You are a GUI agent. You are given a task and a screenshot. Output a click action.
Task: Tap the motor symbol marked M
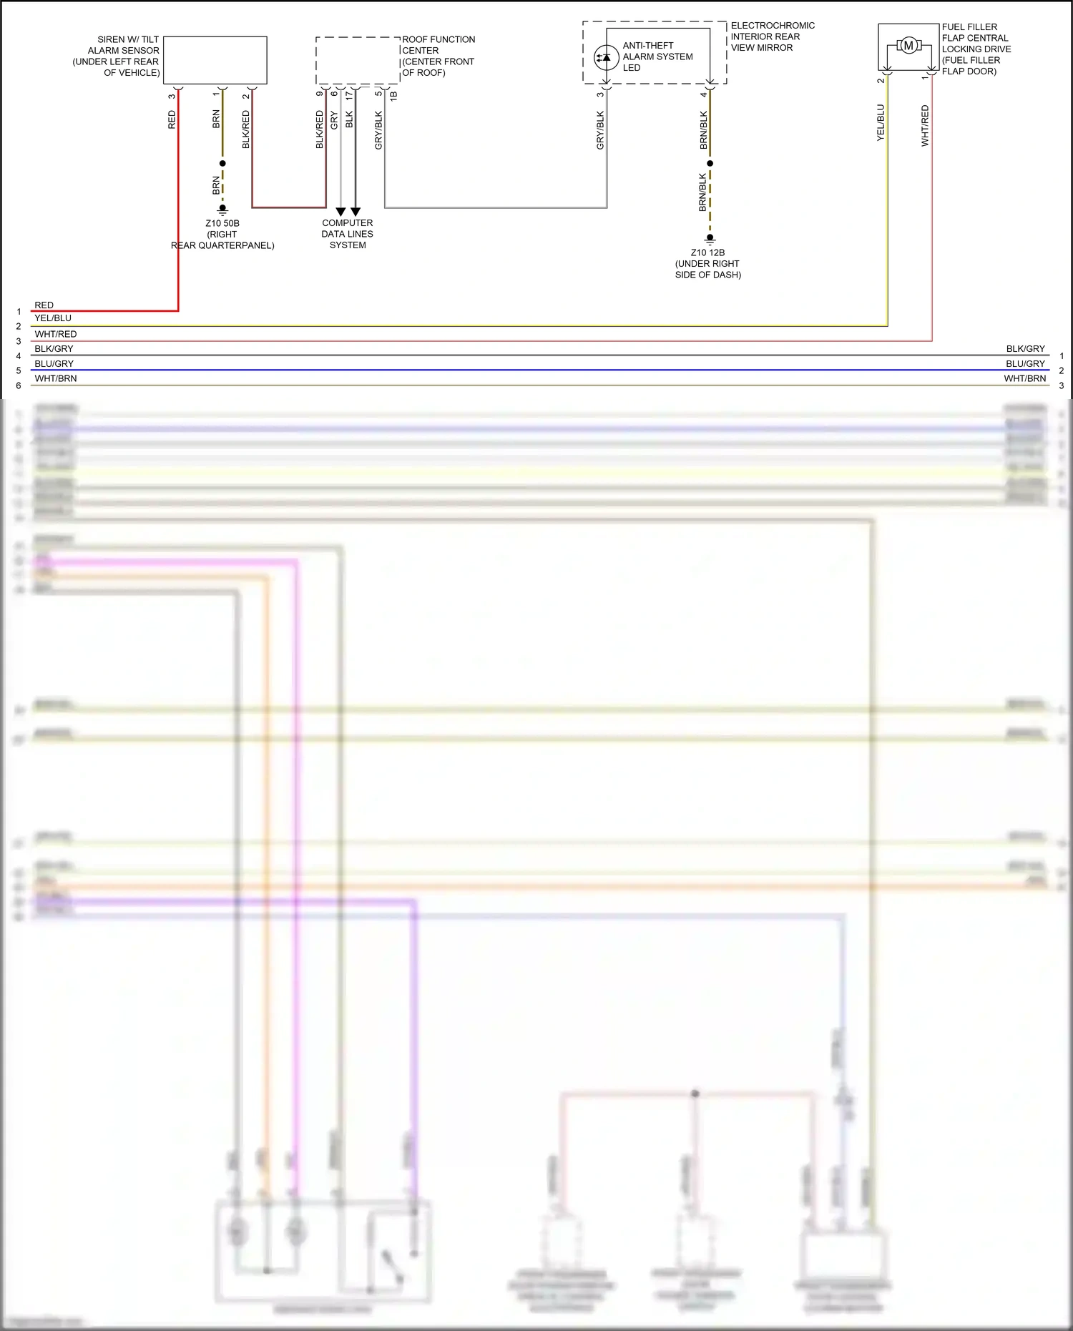(x=908, y=46)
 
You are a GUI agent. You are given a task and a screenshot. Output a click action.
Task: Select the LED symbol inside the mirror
(x=607, y=57)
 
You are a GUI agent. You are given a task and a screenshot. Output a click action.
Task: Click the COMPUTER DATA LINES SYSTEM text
(x=348, y=234)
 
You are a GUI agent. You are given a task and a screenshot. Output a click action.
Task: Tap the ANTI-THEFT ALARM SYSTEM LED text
(x=657, y=57)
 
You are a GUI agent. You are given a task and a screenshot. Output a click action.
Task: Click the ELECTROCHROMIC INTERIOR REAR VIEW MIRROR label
(x=772, y=36)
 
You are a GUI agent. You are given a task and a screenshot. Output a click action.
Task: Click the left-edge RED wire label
(x=44, y=305)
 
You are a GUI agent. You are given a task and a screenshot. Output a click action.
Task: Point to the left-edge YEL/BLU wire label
(x=53, y=318)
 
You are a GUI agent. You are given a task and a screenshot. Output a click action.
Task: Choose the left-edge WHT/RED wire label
(x=56, y=334)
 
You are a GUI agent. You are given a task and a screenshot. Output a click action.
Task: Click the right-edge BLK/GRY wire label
(x=1025, y=349)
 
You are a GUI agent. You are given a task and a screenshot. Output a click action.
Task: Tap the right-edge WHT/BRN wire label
(x=1024, y=378)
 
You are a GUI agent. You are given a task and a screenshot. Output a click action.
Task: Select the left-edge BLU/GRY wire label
(x=54, y=364)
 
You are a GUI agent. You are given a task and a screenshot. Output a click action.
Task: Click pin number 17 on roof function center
(x=349, y=95)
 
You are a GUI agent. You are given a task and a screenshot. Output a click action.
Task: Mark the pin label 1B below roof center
(x=393, y=95)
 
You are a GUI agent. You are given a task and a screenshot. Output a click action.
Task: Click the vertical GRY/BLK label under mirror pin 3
(x=600, y=130)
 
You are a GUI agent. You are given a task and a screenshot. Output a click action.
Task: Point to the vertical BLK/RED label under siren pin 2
(x=246, y=129)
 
